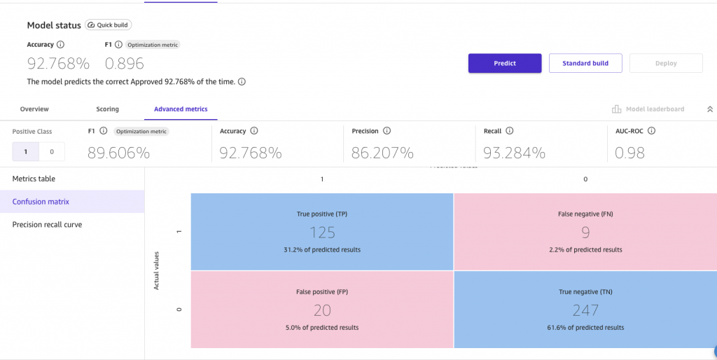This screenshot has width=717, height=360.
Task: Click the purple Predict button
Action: pyautogui.click(x=504, y=63)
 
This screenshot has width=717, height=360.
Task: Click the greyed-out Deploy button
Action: pyautogui.click(x=666, y=63)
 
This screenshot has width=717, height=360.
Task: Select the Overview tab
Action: pyautogui.click(x=34, y=109)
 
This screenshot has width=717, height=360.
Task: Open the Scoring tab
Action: pyautogui.click(x=107, y=109)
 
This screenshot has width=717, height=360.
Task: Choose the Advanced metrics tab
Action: pyautogui.click(x=181, y=109)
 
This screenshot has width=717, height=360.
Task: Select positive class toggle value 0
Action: pyautogui.click(x=52, y=151)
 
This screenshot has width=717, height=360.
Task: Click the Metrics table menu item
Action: pyautogui.click(x=34, y=179)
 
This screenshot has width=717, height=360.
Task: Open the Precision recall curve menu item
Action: pyautogui.click(x=47, y=225)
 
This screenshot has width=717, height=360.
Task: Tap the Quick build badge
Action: pyautogui.click(x=109, y=25)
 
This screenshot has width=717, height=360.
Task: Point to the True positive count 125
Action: pyautogui.click(x=322, y=233)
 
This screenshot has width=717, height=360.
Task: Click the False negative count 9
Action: pyautogui.click(x=585, y=233)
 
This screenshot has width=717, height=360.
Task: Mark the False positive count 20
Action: pyautogui.click(x=322, y=310)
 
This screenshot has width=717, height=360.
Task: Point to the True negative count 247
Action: pyautogui.click(x=585, y=310)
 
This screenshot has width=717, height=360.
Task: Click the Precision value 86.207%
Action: pyautogui.click(x=382, y=152)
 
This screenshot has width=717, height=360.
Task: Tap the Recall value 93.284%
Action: pyautogui.click(x=515, y=152)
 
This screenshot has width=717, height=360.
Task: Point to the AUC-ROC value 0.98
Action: pyautogui.click(x=629, y=152)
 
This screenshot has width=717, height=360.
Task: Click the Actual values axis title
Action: pyautogui.click(x=156, y=271)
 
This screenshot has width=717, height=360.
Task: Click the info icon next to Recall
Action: pyautogui.click(x=510, y=131)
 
